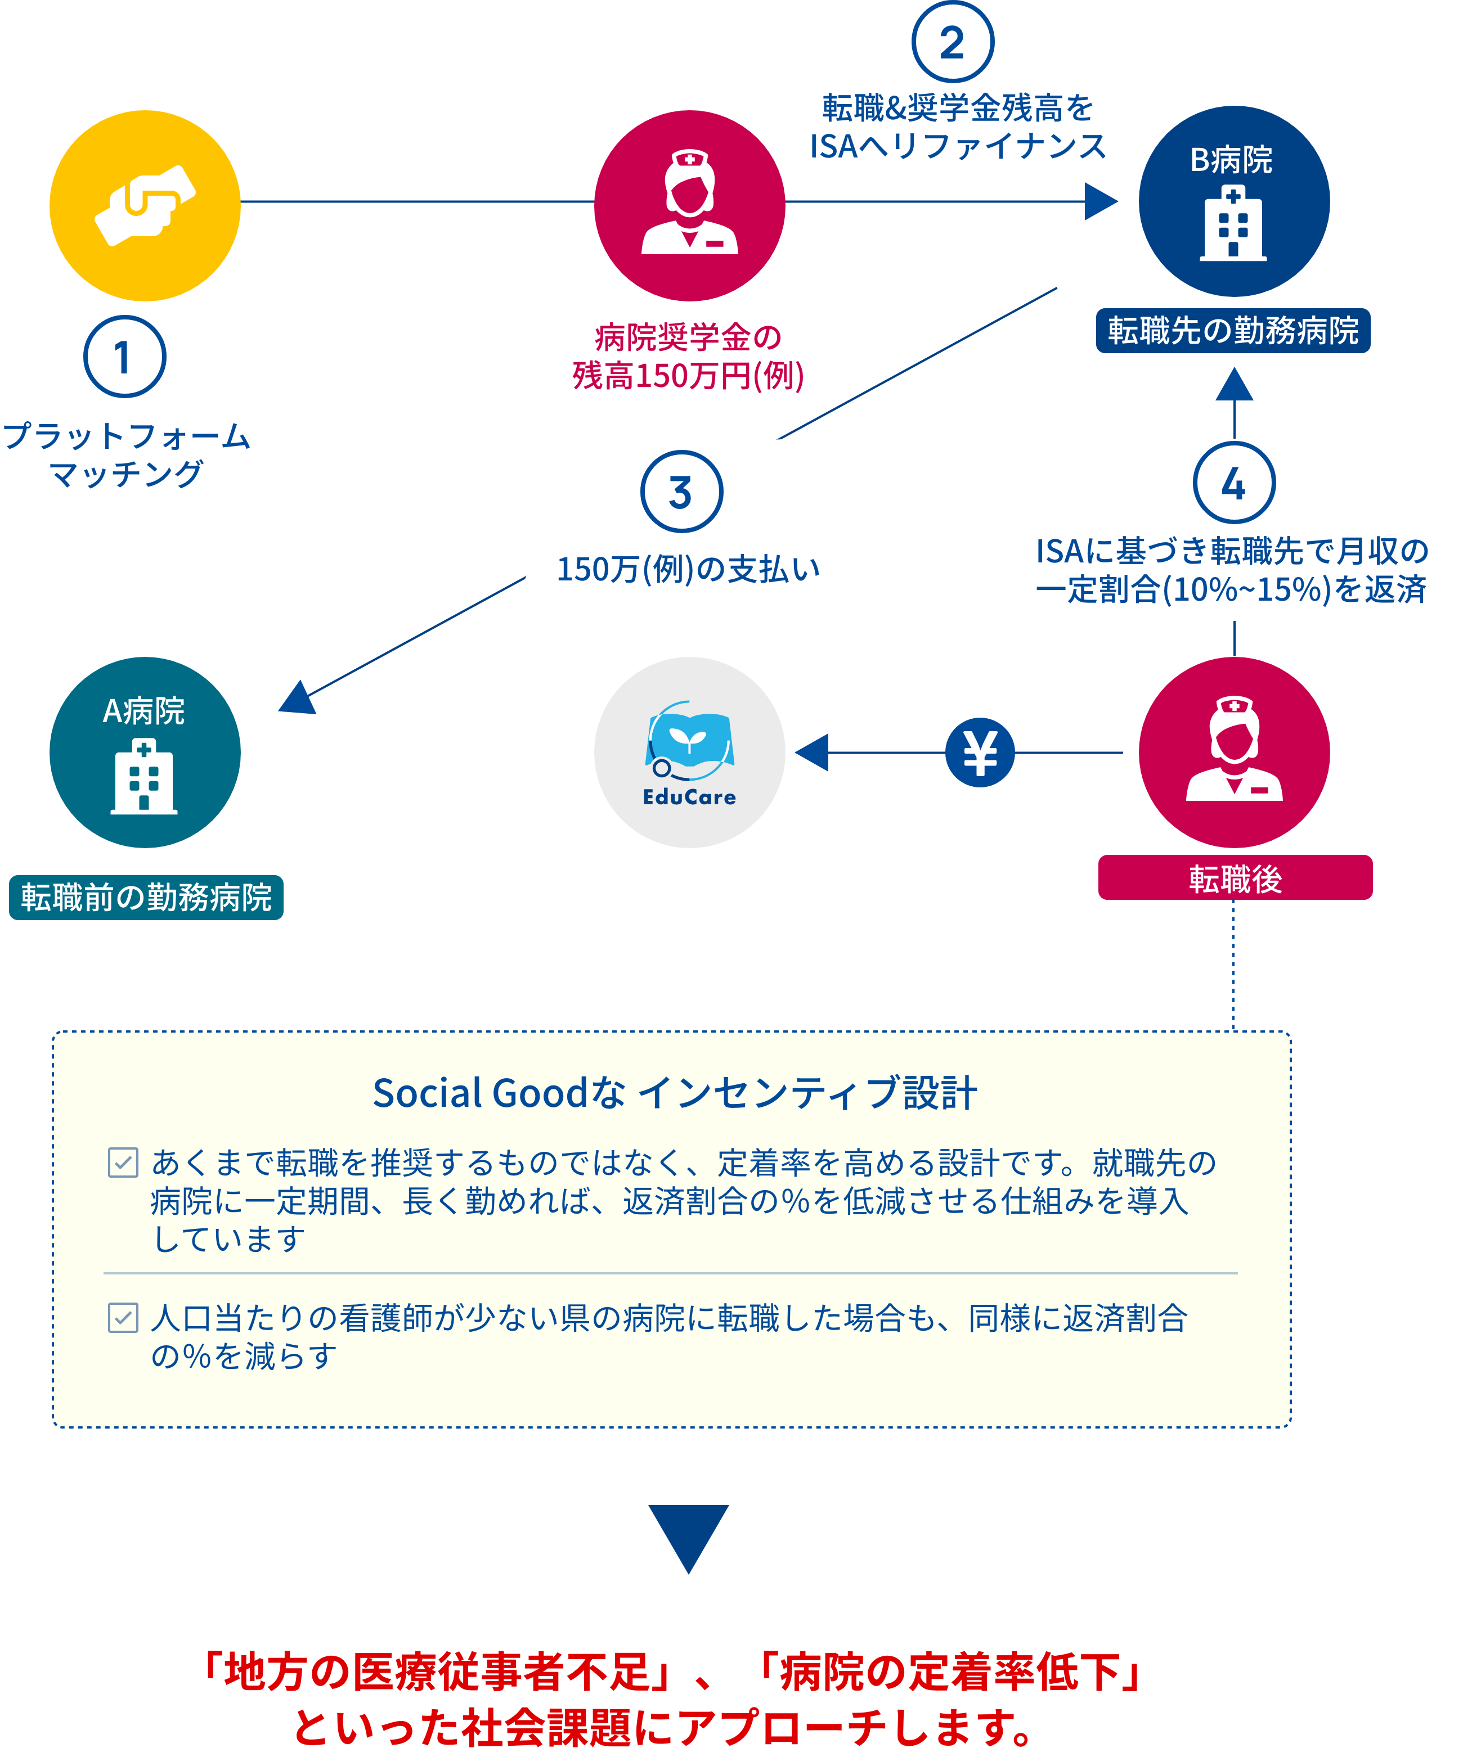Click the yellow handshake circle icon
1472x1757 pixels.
(145, 206)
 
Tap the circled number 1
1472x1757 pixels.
(125, 357)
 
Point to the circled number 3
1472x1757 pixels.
(681, 492)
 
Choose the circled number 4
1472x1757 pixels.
(1233, 484)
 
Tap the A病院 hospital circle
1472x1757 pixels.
(145, 752)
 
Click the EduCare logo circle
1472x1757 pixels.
(689, 752)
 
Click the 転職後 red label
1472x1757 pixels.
(1235, 878)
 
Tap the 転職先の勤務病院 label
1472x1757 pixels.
(1233, 331)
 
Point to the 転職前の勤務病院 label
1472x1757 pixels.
(146, 898)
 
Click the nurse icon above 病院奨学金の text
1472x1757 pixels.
(689, 206)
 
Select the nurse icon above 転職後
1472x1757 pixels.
(1233, 752)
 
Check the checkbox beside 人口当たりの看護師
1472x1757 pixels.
(123, 1318)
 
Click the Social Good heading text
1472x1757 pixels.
(675, 1093)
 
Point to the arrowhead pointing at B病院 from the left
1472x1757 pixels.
(1101, 202)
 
